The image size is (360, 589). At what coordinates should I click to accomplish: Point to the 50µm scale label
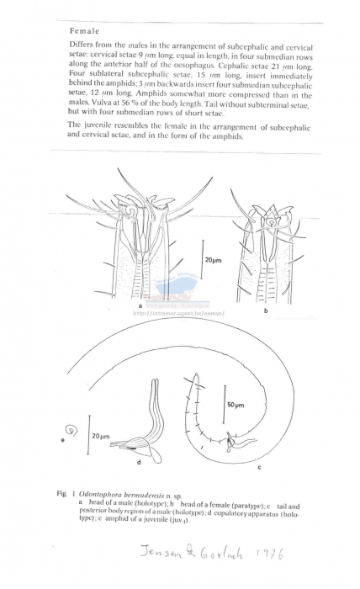pyautogui.click(x=236, y=405)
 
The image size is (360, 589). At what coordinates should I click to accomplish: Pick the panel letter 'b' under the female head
pyautogui.click(x=266, y=310)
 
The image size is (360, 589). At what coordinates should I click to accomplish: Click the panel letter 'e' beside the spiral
pyautogui.click(x=65, y=438)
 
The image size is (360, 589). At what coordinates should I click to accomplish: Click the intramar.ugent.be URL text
pyautogui.click(x=179, y=313)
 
